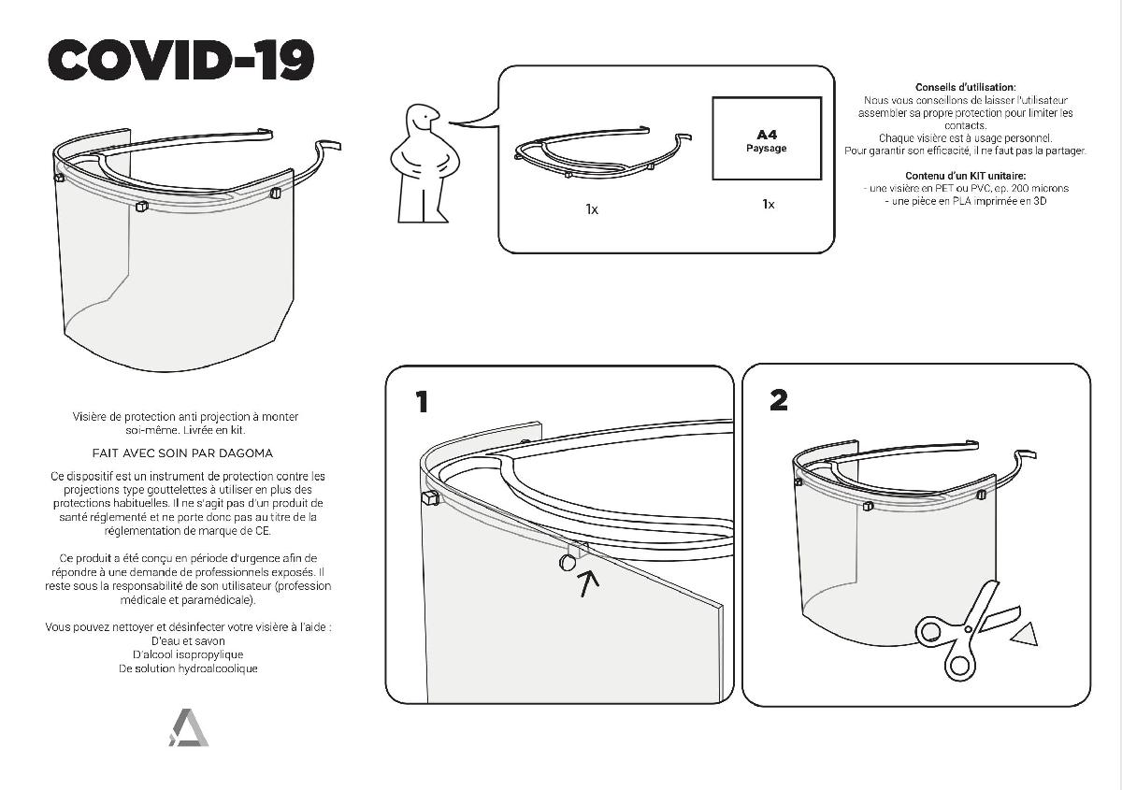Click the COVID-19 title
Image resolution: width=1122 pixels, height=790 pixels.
180,60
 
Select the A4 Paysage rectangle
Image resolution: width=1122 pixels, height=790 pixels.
767,138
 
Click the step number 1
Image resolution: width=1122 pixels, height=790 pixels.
423,402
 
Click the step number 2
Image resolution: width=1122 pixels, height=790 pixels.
779,400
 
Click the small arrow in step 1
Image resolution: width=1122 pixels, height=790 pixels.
588,584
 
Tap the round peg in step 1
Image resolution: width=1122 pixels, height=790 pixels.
568,563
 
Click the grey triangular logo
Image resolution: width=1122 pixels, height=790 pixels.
188,727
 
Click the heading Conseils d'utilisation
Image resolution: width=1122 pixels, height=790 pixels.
965,87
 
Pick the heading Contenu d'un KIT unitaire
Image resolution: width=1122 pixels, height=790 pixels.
965,176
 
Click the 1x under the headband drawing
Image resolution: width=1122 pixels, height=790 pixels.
592,209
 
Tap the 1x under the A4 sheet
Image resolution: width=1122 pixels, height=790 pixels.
769,204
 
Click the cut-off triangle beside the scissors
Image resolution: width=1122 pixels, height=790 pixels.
1025,635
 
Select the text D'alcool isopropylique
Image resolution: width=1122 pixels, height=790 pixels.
188,654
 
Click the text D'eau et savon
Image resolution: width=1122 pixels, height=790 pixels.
188,640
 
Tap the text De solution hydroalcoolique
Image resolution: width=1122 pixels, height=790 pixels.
188,668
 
